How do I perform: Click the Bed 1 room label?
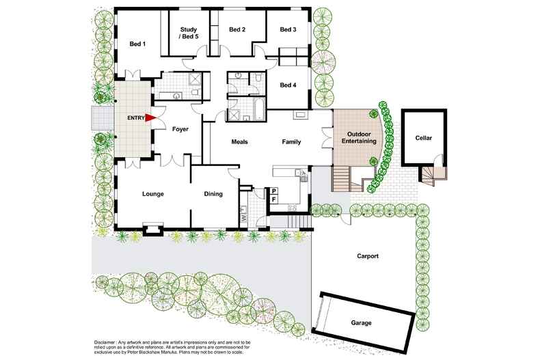pyautogui.click(x=137, y=44)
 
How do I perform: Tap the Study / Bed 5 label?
pyautogui.click(x=189, y=33)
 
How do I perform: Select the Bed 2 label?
pyautogui.click(x=237, y=29)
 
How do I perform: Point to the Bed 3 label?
pyautogui.click(x=288, y=29)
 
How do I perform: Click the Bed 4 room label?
pyautogui.click(x=288, y=85)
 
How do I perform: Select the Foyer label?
pyautogui.click(x=180, y=129)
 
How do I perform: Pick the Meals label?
pyautogui.click(x=239, y=142)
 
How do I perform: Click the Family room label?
pyautogui.click(x=293, y=142)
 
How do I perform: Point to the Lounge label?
pyautogui.click(x=152, y=194)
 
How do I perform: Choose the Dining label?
pyautogui.click(x=213, y=194)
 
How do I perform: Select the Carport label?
pyautogui.click(x=368, y=256)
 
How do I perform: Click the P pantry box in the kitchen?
pyautogui.click(x=273, y=191)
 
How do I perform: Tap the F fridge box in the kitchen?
pyautogui.click(x=273, y=199)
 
